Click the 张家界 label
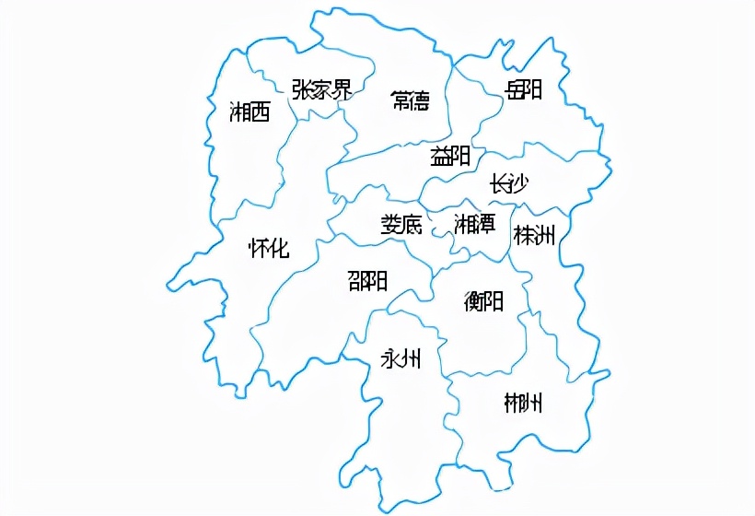pos(321,89)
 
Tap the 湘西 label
pos(250,112)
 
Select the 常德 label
pos(410,100)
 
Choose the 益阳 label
pos(450,156)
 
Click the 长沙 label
pos(508,183)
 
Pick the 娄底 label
pos(401,224)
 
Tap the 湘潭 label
pos(474,223)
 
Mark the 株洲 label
pos(535,235)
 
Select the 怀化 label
pos(269,248)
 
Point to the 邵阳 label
pos(367,280)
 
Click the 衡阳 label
pos(483,300)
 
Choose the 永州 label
pos(401,358)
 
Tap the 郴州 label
pos(523,403)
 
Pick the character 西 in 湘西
pos(260,112)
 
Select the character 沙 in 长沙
pos(518,183)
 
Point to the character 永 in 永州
pos(390,358)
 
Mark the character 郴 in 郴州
pos(513,403)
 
